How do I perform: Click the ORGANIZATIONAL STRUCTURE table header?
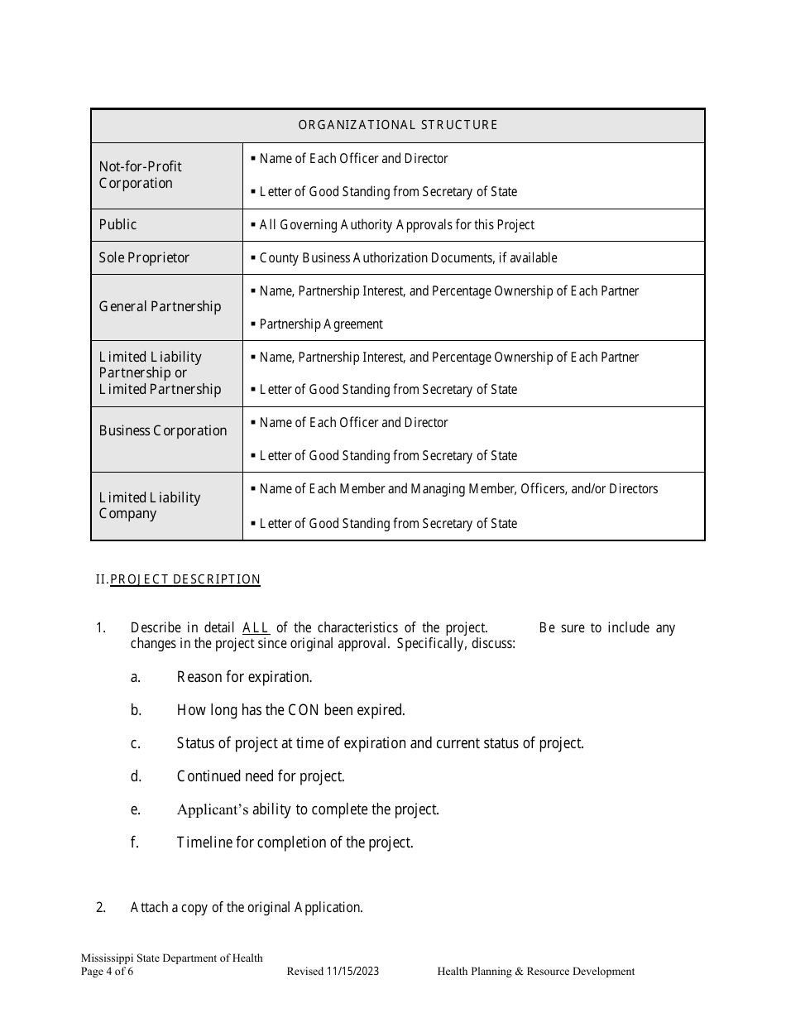397,125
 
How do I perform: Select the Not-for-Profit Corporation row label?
140,175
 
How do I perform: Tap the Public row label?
118,224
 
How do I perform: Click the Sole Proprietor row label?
144,257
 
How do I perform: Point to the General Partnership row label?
160,306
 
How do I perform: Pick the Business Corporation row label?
162,430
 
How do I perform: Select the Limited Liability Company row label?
149,505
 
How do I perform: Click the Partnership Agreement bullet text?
321,324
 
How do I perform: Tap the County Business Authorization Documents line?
408,257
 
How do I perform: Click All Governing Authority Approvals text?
396,224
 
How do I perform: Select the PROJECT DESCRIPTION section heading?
185,579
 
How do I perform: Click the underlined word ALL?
256,627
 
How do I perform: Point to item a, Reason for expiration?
244,677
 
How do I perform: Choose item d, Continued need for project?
261,776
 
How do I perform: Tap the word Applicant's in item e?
213,809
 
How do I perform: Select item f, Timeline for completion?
295,843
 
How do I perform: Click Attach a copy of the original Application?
247,907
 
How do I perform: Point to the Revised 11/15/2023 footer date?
333,972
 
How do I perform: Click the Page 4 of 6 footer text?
107,972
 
